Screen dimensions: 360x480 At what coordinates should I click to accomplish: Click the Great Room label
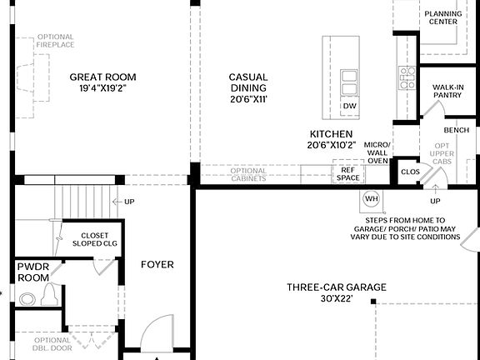click(102, 77)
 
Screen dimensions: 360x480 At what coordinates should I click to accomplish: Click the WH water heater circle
click(371, 200)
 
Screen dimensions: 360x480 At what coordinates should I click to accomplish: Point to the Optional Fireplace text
click(56, 42)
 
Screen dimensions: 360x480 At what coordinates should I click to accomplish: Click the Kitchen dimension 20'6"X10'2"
click(332, 145)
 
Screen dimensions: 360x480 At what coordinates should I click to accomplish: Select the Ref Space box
click(347, 174)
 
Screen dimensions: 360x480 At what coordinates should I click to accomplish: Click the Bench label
click(456, 130)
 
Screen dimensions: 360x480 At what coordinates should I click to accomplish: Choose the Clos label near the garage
click(410, 172)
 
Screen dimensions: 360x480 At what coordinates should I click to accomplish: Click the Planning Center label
click(441, 17)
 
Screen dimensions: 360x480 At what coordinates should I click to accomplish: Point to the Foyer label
click(157, 265)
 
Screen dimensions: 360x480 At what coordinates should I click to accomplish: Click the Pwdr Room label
click(33, 272)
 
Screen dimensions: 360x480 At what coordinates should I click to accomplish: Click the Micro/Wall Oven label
click(378, 152)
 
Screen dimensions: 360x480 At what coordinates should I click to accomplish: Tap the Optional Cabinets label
click(249, 174)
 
